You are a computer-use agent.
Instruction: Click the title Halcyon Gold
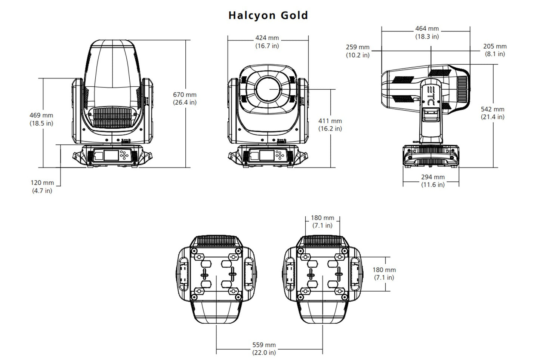(268, 15)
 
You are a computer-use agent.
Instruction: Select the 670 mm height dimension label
(185, 95)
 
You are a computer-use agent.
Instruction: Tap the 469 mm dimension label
(41, 116)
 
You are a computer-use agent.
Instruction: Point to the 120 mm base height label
(42, 183)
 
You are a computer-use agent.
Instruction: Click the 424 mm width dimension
(267, 38)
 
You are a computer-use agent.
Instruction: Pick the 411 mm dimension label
(330, 121)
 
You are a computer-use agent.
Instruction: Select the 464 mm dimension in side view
(427, 29)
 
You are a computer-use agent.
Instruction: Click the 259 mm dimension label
(358, 47)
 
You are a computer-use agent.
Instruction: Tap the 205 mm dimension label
(495, 46)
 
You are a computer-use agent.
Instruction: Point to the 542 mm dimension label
(492, 109)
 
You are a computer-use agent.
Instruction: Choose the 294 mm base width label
(433, 177)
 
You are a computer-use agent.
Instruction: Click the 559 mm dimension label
(264, 345)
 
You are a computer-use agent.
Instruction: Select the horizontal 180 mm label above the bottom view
(322, 218)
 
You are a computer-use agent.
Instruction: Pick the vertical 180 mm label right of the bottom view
(384, 270)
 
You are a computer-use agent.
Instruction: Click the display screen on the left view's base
(111, 156)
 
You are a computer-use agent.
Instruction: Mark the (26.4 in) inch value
(185, 102)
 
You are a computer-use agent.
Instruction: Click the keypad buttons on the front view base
(279, 155)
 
